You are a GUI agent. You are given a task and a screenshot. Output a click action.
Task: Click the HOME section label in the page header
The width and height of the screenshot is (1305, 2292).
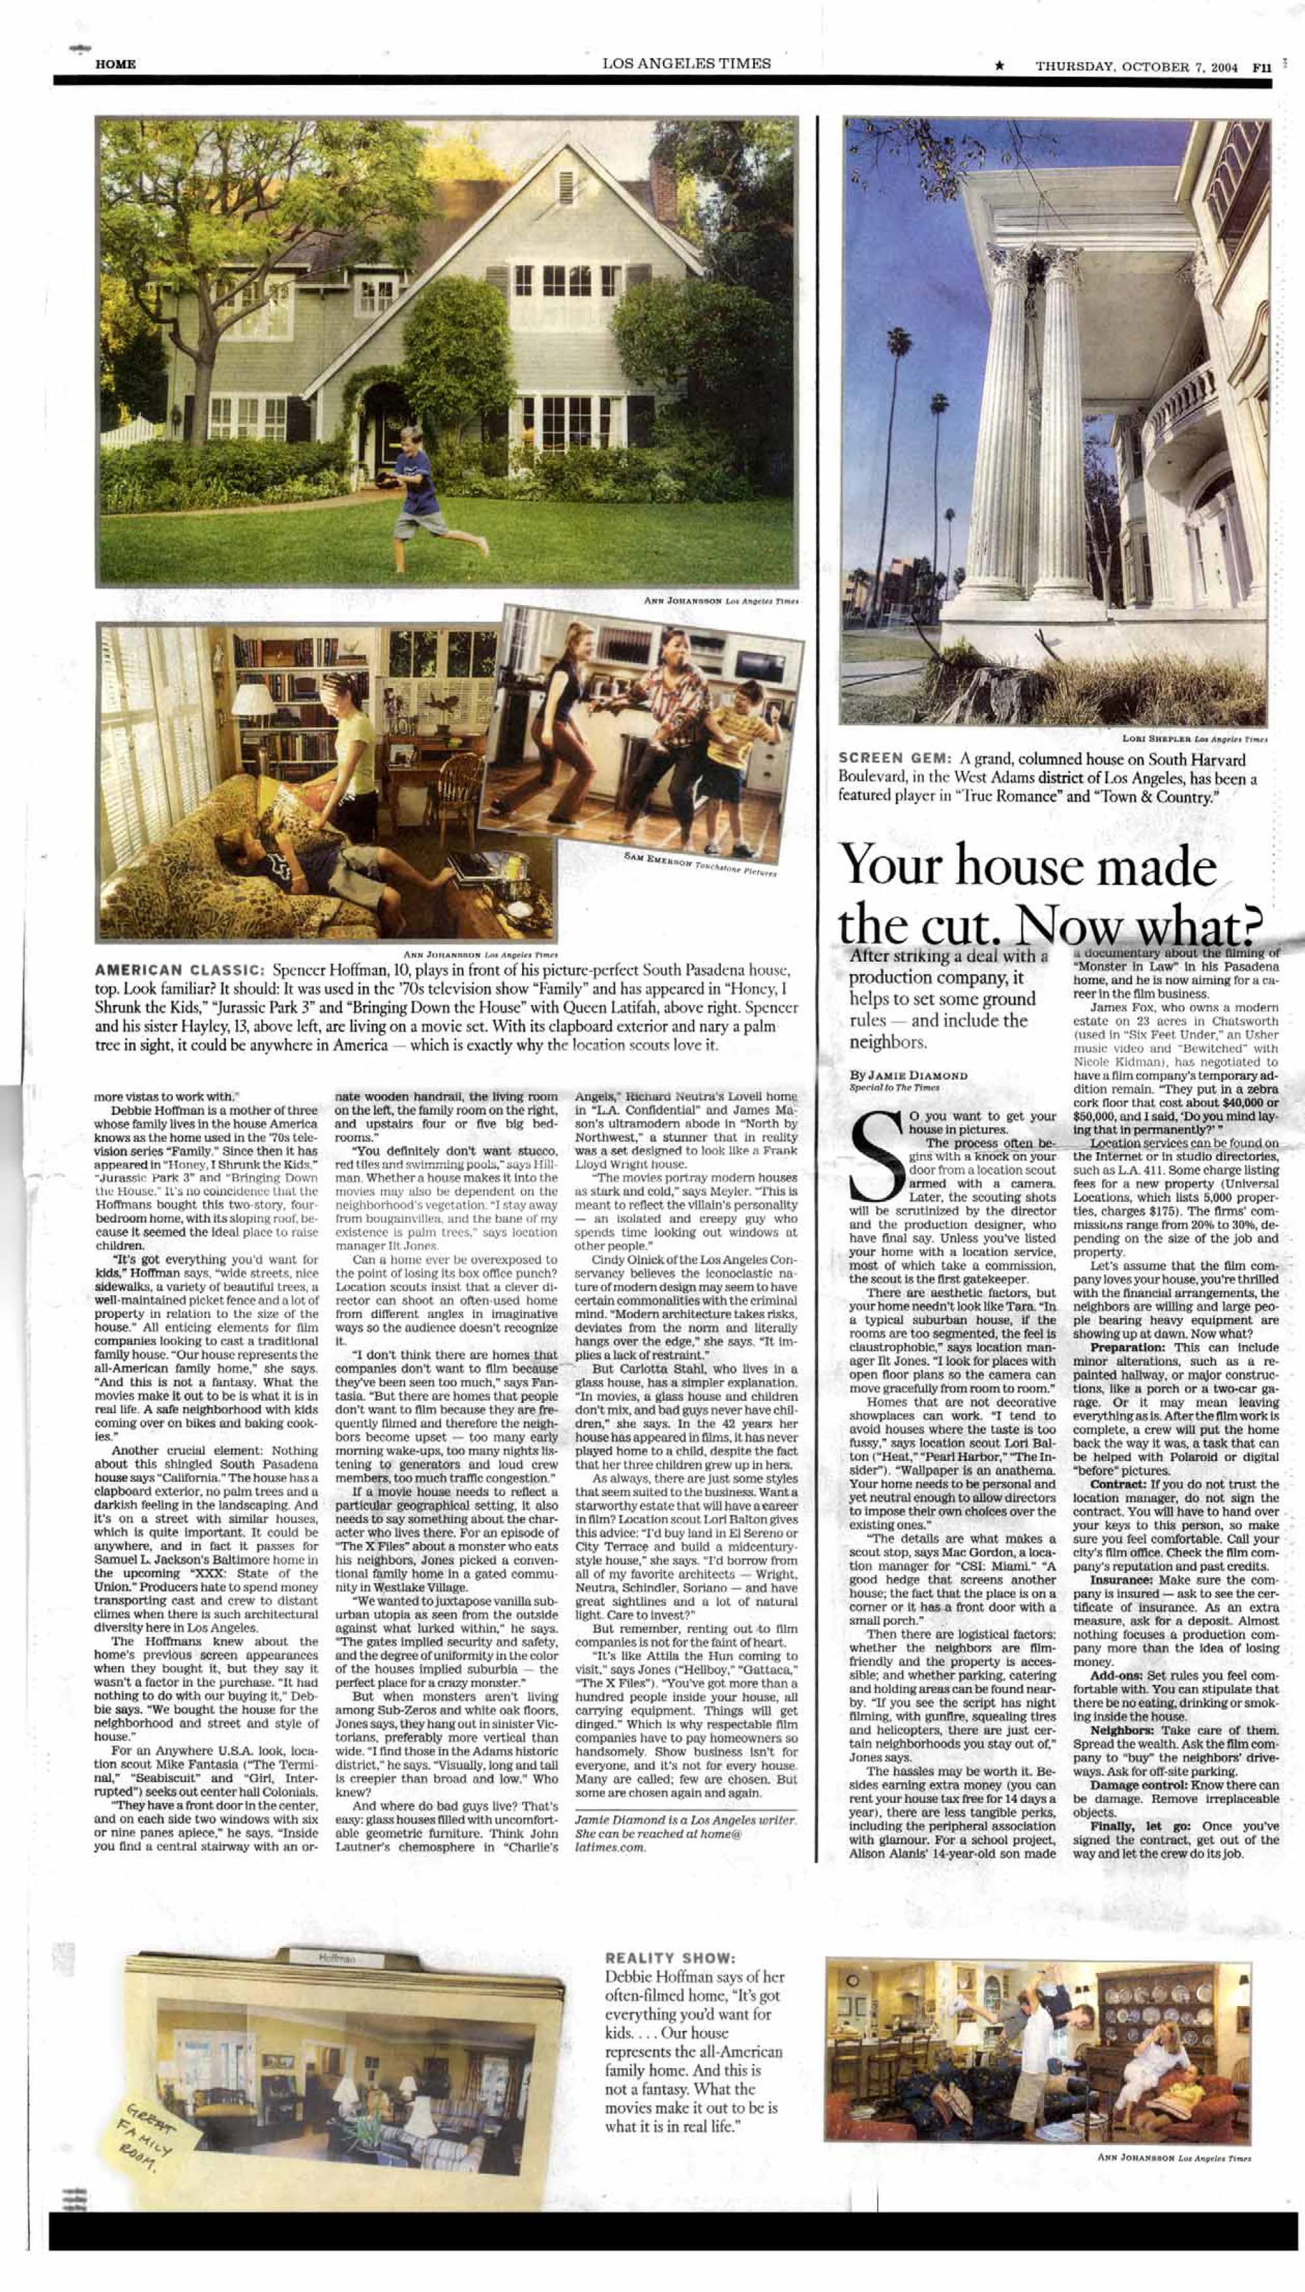(x=115, y=65)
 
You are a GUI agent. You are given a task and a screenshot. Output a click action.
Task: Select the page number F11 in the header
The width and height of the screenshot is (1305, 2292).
(x=1261, y=67)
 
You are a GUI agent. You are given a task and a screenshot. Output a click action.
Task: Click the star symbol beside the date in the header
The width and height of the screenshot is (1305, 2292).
(x=1000, y=67)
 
